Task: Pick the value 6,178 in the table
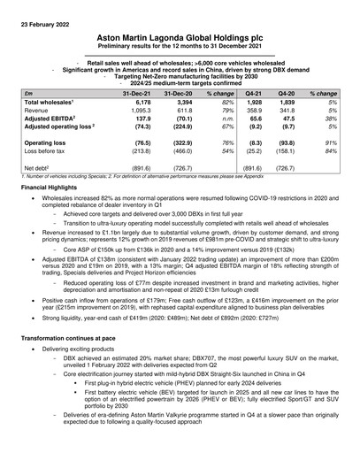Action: (143, 103)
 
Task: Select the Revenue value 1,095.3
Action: (142, 112)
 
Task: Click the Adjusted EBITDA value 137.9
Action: (143, 122)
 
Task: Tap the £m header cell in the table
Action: (28, 93)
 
